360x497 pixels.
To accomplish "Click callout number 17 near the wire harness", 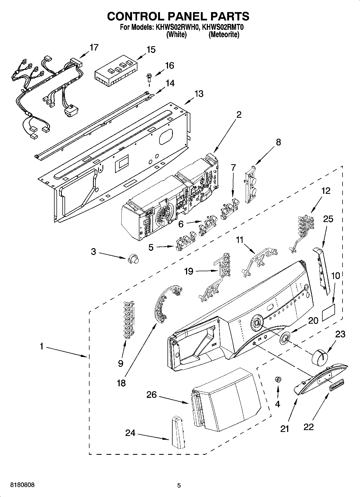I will (94, 48).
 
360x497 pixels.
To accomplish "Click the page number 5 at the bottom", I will (179, 485).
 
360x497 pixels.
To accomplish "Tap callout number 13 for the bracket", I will (199, 94).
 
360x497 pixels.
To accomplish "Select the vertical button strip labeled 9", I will (128, 320).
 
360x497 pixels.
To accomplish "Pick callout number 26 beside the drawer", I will (151, 395).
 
